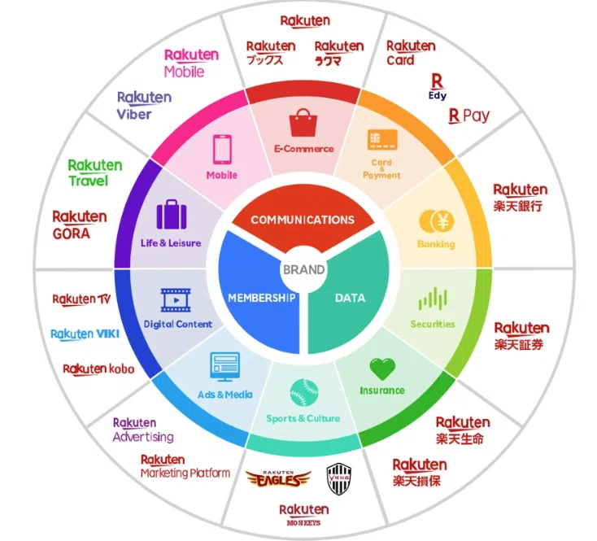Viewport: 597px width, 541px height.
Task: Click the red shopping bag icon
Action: (x=303, y=123)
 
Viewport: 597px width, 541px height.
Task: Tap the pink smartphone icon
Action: (x=222, y=149)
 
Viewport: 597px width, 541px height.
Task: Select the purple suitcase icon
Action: (x=172, y=214)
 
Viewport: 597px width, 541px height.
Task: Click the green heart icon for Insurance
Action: (x=382, y=369)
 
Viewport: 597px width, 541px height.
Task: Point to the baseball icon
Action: (x=304, y=392)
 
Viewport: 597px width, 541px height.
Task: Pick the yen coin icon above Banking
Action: (x=436, y=221)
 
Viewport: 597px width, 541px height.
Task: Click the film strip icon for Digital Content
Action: (x=176, y=300)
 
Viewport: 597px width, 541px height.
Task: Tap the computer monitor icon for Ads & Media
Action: (x=224, y=366)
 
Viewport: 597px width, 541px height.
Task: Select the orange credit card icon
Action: (x=382, y=140)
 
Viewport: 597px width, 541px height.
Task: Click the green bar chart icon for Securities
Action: (x=433, y=299)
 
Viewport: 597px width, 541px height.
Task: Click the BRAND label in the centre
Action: (x=304, y=269)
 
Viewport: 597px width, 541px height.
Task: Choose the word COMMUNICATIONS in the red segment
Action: (x=303, y=220)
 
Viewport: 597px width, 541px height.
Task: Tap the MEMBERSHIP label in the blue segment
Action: (x=262, y=298)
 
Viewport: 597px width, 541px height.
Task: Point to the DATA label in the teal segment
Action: (x=350, y=298)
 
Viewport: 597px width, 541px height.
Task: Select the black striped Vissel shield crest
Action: (x=339, y=479)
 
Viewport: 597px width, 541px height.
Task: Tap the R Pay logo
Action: (x=468, y=116)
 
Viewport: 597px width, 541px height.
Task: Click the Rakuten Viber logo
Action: (x=144, y=106)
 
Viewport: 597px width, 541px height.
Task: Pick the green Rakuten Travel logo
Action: (x=95, y=172)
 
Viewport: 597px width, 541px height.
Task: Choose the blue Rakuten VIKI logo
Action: (x=85, y=334)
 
